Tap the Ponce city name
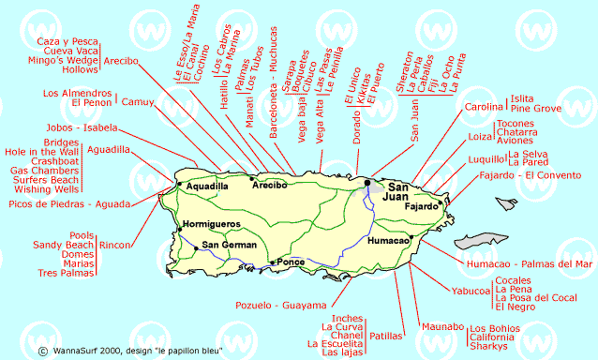click(x=292, y=262)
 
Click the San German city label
click(x=229, y=246)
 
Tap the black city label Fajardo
click(x=422, y=206)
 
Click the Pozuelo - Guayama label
click(x=280, y=306)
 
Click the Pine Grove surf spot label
click(x=535, y=109)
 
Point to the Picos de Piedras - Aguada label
click(x=67, y=204)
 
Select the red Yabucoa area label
click(x=471, y=292)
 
